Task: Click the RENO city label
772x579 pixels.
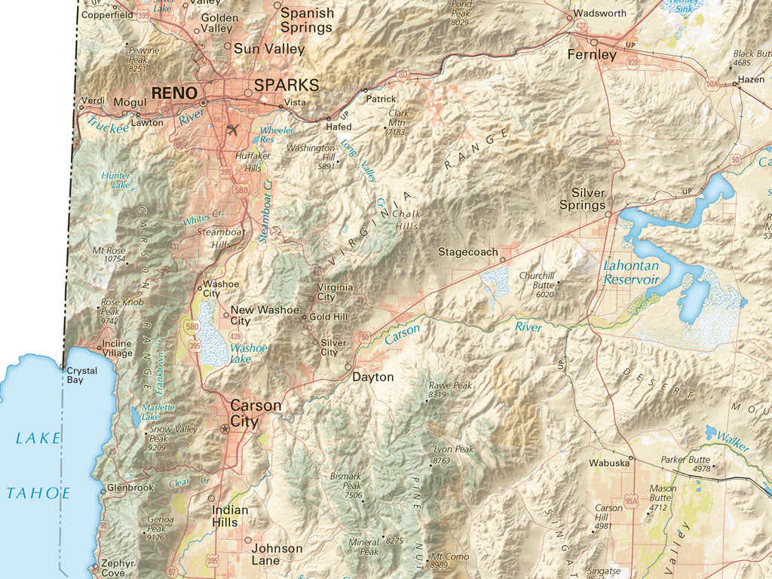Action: point(174,93)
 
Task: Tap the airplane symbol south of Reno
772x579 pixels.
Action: point(231,129)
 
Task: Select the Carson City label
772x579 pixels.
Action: point(256,414)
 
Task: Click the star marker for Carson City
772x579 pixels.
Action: point(224,429)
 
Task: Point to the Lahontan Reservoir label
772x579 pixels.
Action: point(631,272)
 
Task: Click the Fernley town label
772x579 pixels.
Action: point(592,55)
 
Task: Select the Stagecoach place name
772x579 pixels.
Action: point(468,252)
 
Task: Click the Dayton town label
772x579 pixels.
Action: point(373,376)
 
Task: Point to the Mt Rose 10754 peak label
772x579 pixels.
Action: point(109,254)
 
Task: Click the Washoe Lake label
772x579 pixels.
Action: point(249,354)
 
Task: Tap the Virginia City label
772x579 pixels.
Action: point(335,292)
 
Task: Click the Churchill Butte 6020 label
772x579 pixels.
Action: point(537,284)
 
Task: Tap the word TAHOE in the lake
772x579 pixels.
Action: point(38,493)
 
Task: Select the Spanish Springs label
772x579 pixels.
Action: point(307,20)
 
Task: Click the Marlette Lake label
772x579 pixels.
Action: point(159,411)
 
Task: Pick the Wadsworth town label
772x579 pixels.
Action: point(599,14)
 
